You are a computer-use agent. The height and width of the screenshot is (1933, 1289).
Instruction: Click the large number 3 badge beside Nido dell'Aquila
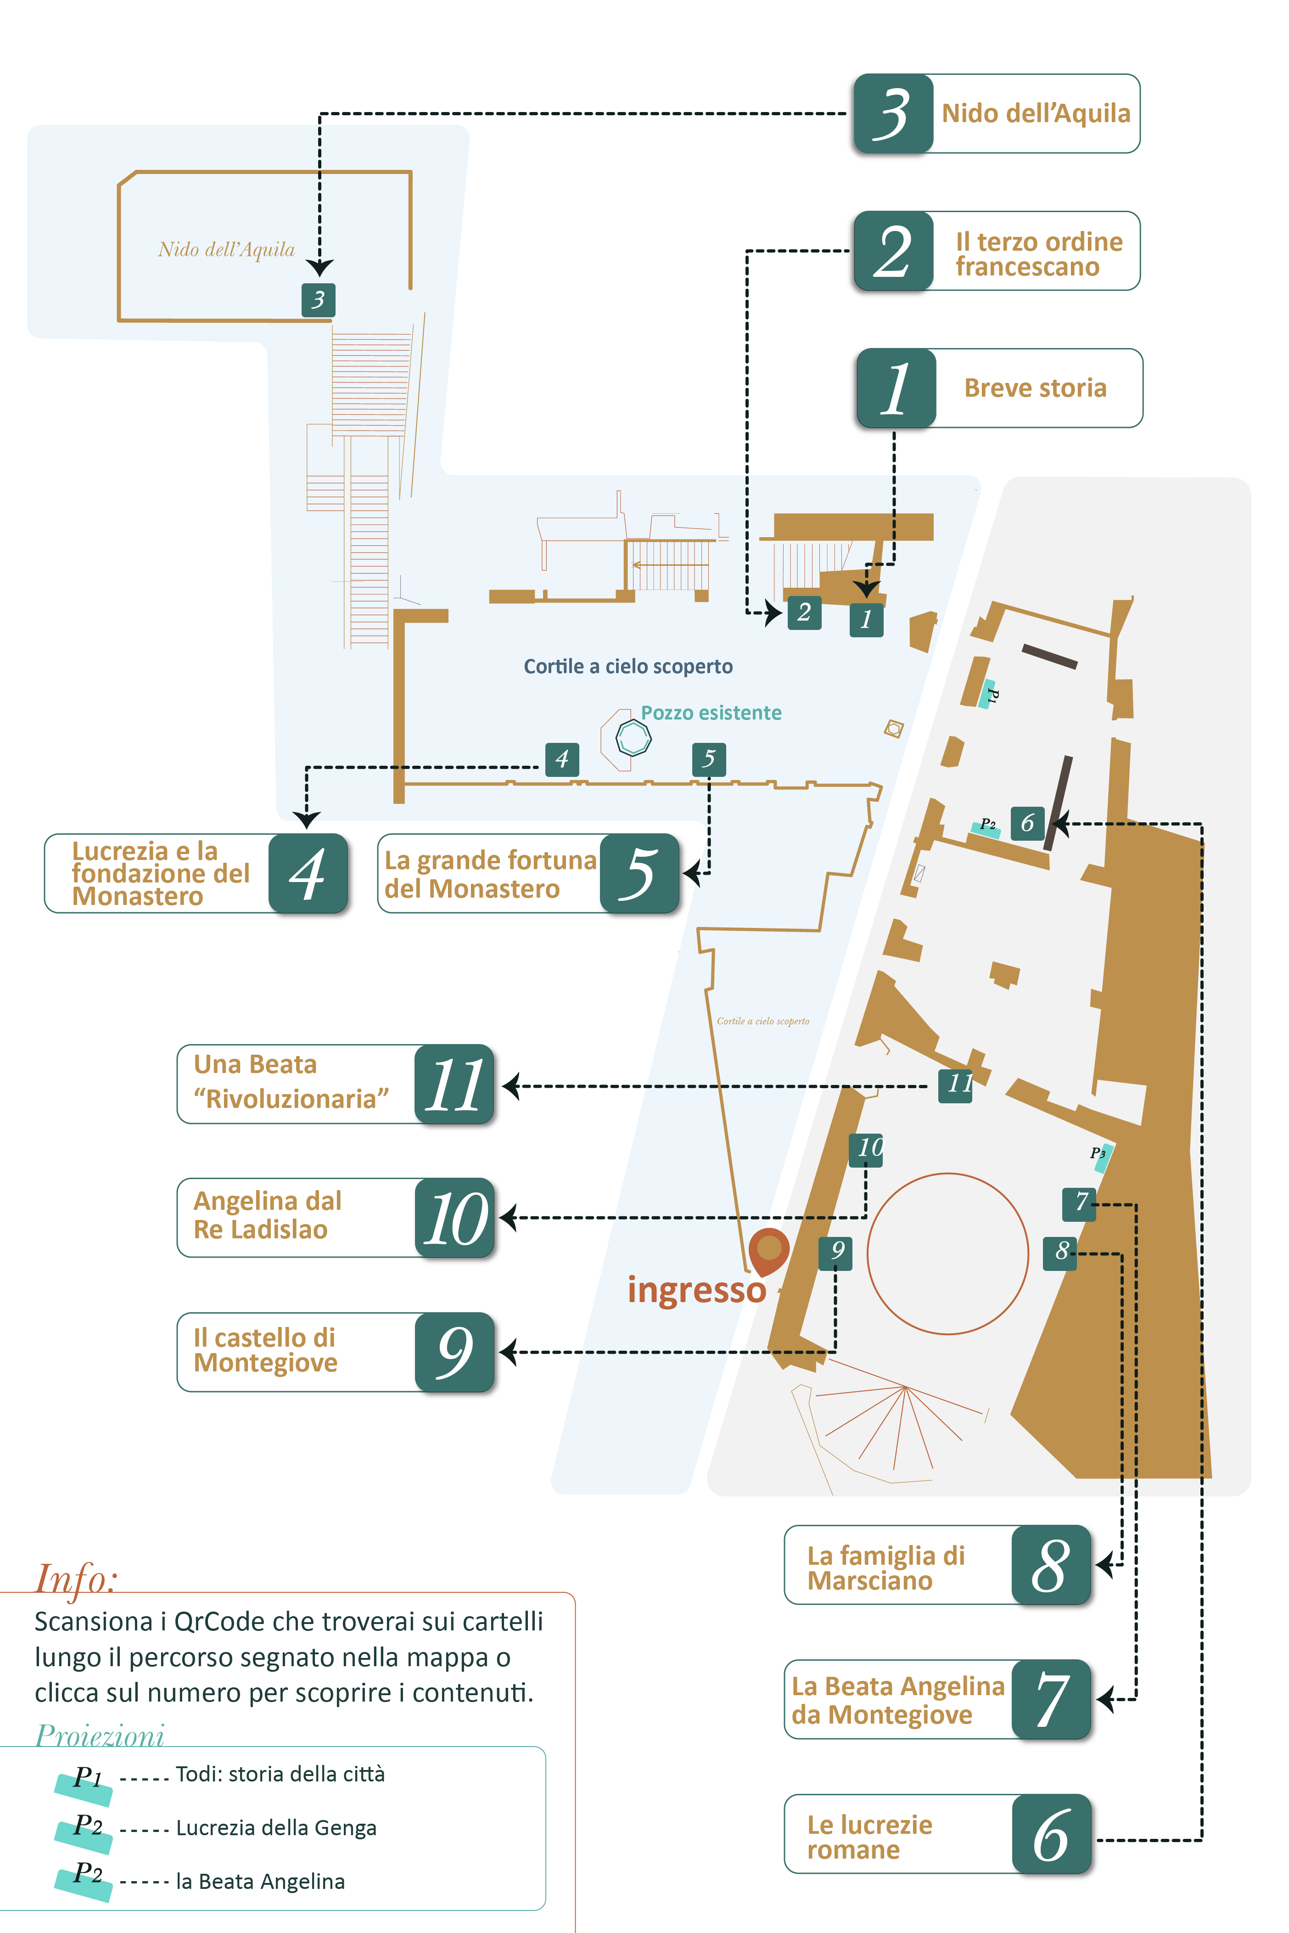click(x=894, y=113)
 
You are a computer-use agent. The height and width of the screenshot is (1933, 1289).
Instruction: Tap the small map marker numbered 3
click(x=318, y=300)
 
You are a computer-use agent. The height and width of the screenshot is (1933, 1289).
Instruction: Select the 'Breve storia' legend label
click(x=1035, y=388)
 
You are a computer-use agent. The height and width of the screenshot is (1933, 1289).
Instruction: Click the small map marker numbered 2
click(x=804, y=612)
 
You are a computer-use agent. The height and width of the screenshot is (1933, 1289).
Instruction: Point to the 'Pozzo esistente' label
click(x=711, y=713)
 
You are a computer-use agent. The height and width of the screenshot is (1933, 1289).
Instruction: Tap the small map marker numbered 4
click(x=562, y=759)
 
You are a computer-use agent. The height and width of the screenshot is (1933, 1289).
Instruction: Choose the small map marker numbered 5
click(x=709, y=759)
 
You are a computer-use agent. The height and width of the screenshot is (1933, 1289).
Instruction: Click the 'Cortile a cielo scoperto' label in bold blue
click(x=628, y=667)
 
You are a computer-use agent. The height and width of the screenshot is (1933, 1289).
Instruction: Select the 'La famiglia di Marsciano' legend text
click(x=885, y=1568)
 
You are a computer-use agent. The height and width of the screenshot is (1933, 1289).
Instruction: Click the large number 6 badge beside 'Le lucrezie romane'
click(x=1051, y=1834)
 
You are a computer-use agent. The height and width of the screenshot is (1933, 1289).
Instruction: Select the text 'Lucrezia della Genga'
click(x=276, y=1828)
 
